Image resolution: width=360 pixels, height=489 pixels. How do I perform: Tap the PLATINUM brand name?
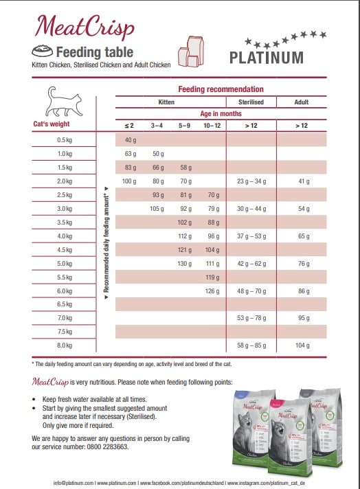coord(266,57)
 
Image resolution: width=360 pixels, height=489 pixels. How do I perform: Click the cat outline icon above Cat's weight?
coord(63,103)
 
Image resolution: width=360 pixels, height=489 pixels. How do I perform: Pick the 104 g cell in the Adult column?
coord(302,345)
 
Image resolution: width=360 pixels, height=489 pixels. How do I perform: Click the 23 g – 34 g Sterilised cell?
coord(251,181)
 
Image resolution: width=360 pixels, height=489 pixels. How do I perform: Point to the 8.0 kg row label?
coord(65,345)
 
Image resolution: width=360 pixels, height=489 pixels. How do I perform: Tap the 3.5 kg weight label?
coord(65,223)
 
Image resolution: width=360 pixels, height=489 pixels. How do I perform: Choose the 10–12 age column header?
coord(212,126)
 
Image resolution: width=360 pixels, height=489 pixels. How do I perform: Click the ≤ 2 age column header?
coord(129,126)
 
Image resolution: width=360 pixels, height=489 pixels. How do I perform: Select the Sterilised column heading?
coord(251,102)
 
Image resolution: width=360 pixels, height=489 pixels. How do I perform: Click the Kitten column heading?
coord(166,102)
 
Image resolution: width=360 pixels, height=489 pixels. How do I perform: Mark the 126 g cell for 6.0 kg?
coord(212,291)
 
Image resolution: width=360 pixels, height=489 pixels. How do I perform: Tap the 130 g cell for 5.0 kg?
coord(185,263)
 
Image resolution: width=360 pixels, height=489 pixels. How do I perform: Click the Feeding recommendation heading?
coord(221,89)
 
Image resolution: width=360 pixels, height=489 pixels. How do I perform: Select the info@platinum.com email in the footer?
coord(74,482)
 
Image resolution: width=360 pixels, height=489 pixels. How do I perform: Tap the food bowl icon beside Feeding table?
coord(42,52)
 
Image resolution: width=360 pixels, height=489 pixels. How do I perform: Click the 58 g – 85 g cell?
coord(251,345)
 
